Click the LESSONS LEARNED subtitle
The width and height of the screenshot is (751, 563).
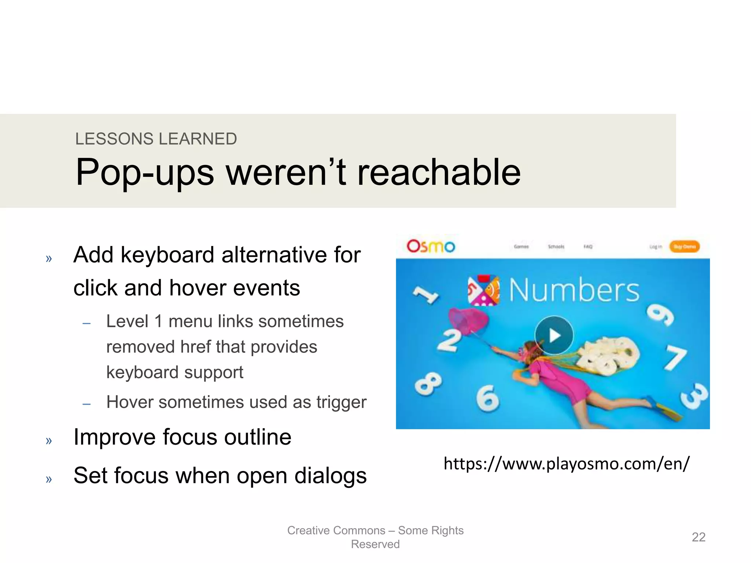point(156,139)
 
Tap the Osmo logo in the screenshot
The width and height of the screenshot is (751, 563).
point(431,246)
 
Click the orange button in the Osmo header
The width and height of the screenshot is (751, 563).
point(684,247)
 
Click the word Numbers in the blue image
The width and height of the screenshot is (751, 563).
point(574,290)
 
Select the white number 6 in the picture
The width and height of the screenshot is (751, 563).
point(488,398)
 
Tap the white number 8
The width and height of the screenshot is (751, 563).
point(428,384)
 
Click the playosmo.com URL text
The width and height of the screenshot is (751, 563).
point(567,464)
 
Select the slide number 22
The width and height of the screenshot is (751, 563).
point(698,537)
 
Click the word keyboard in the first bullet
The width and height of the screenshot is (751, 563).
point(167,255)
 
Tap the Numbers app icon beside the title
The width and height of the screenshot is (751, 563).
point(484,290)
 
